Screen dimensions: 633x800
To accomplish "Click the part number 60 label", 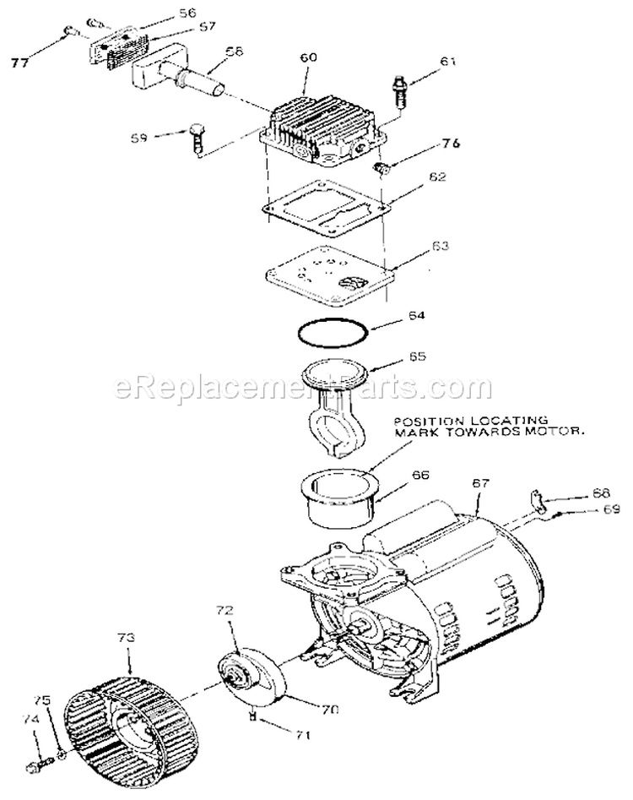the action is coord(308,57).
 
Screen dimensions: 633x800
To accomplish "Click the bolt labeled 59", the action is coord(196,137).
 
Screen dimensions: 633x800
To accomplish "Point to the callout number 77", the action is coord(20,63).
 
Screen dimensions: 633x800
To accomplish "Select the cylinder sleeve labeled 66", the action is coord(338,497).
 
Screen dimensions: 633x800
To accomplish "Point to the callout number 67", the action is coord(480,482).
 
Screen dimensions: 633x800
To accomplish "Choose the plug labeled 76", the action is coord(380,166).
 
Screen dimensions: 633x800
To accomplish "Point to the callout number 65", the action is coord(417,356).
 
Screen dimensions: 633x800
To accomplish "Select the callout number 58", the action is coord(235,51).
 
